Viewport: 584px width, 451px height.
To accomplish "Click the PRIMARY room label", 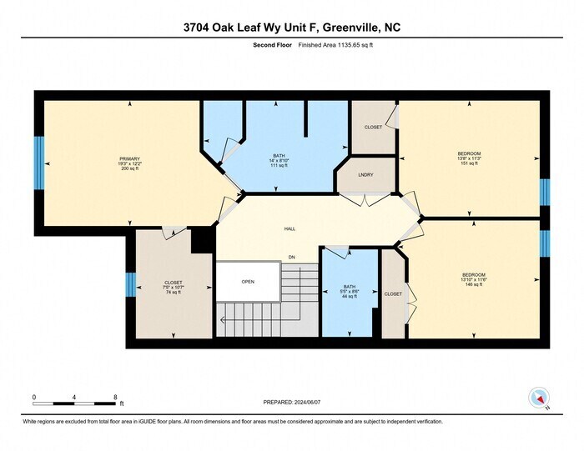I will [x=129, y=158].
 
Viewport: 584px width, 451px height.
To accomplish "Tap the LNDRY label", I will [x=365, y=174].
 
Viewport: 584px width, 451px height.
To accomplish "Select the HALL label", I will [x=289, y=228].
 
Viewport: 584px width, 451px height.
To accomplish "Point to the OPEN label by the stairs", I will [x=248, y=282].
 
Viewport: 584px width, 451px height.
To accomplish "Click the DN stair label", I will [x=292, y=257].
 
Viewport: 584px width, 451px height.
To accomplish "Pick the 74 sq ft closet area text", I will [x=174, y=293].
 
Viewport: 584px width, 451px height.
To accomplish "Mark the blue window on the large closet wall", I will [x=130, y=284].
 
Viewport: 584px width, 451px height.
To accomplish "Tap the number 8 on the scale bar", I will [x=115, y=397].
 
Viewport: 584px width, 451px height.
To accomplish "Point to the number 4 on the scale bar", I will [x=74, y=397].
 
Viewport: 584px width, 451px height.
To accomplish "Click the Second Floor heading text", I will [x=271, y=46].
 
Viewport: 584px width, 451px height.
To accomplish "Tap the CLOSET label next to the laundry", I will [x=373, y=127].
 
